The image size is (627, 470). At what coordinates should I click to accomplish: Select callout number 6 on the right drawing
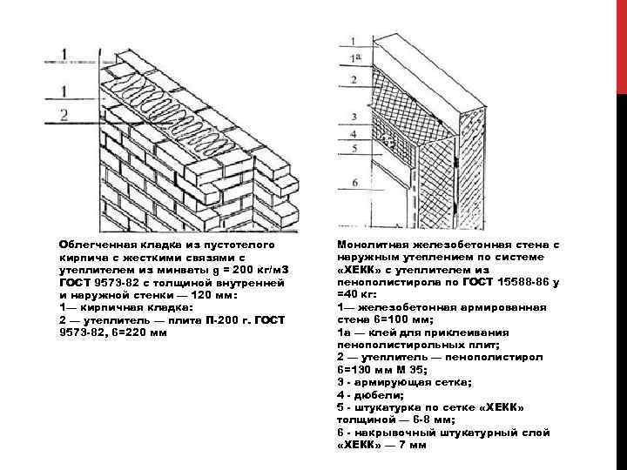(x=354, y=182)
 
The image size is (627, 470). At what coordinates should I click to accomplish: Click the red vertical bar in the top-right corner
(x=621, y=44)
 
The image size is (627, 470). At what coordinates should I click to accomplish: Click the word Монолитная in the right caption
(x=368, y=245)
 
